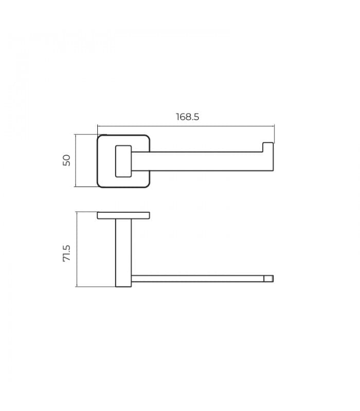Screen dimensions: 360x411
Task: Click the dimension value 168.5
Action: pyautogui.click(x=187, y=117)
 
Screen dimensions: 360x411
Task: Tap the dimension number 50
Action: pyautogui.click(x=67, y=160)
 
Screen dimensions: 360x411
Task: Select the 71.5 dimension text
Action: pyautogui.click(x=67, y=253)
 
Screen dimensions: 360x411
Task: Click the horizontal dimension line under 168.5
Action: pyautogui.click(x=186, y=126)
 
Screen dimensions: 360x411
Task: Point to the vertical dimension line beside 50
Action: pyautogui.click(x=75, y=160)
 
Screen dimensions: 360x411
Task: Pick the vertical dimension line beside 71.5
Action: pyautogui.click(x=77, y=249)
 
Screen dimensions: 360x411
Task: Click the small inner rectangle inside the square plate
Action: pyautogui.click(x=123, y=161)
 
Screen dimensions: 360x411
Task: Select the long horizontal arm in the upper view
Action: pyautogui.click(x=202, y=161)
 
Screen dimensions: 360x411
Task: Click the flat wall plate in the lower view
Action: pyautogui.click(x=123, y=215)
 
